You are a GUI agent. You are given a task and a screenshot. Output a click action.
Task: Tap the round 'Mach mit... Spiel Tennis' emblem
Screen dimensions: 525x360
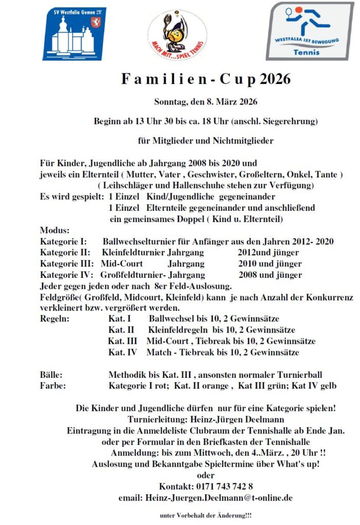177,34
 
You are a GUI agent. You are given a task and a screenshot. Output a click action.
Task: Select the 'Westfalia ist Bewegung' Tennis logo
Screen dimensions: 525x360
310,31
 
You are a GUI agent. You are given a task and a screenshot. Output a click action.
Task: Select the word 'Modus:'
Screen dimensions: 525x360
54,230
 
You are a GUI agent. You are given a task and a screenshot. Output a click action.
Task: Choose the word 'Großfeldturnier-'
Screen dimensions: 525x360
133,275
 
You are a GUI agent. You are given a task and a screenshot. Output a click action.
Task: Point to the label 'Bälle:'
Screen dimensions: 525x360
51,375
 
